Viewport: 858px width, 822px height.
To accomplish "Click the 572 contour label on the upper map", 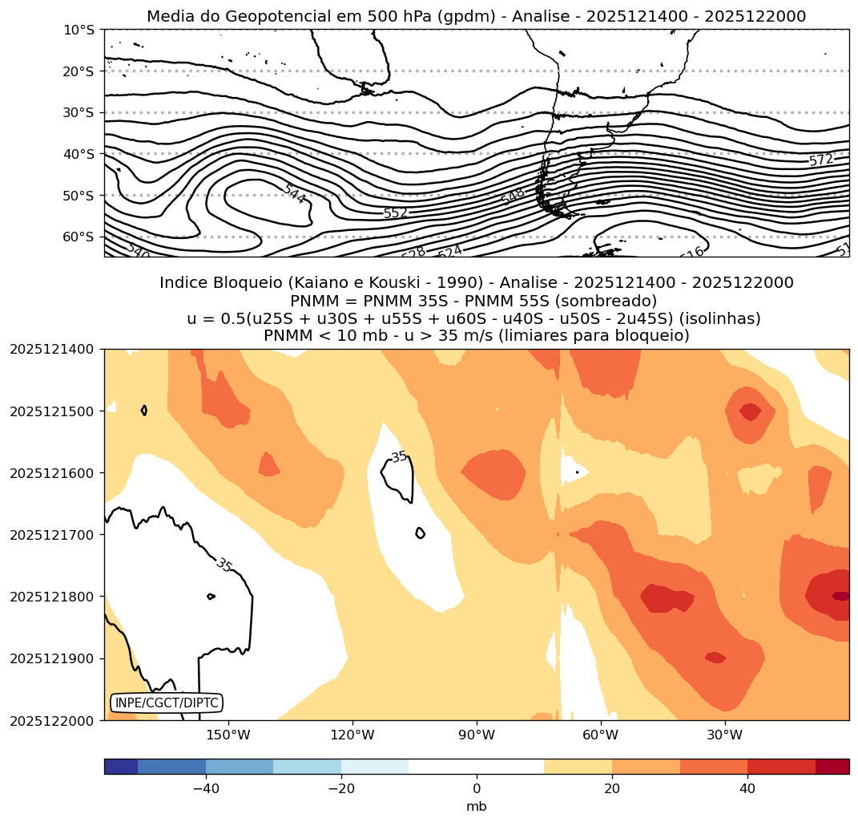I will pyautogui.click(x=820, y=160).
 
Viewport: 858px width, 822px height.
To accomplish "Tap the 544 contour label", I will pyautogui.click(x=294, y=193).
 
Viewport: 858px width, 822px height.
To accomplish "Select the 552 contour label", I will pyautogui.click(x=396, y=213).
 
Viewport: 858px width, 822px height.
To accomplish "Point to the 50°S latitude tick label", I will pyautogui.click(x=79, y=196).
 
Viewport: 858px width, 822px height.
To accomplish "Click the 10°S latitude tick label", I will pyautogui.click(x=79, y=30).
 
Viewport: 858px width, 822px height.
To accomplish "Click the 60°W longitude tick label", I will pyautogui.click(x=600, y=735).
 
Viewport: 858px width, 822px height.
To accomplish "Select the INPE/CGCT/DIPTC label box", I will pyautogui.click(x=166, y=703).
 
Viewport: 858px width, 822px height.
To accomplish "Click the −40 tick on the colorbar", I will pyautogui.click(x=206, y=789).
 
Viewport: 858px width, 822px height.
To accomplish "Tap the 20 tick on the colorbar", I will pyautogui.click(x=612, y=789).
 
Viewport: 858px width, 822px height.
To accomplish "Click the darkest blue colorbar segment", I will pyautogui.click(x=121, y=767).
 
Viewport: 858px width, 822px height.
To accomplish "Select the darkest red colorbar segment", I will pyautogui.click(x=832, y=767).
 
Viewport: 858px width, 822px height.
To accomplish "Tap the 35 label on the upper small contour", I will pyautogui.click(x=399, y=457).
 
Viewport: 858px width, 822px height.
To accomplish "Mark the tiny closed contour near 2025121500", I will pyautogui.click(x=144, y=410).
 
